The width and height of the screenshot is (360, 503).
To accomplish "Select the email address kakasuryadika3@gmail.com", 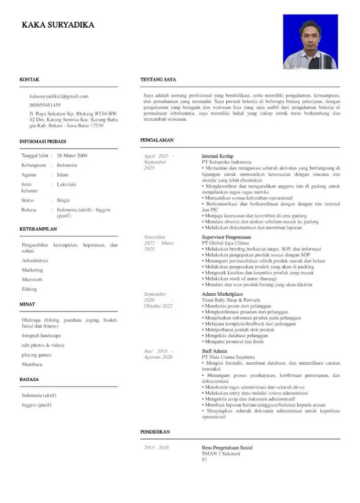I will pyautogui.click(x=59, y=96).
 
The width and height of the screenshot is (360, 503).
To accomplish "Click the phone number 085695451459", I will pyautogui.click(x=45, y=105).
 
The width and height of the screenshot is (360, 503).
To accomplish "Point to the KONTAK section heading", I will pyautogui.click(x=29, y=79).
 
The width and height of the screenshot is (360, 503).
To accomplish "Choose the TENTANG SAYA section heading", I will pyautogui.click(x=157, y=79).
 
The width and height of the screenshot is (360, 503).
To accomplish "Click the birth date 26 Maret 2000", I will pyautogui.click(x=72, y=155).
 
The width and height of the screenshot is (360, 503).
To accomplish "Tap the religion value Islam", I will pyautogui.click(x=63, y=175).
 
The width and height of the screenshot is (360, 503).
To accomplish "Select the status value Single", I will pyautogui.click(x=64, y=200).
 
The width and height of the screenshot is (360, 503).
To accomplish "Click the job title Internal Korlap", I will pyautogui.click(x=218, y=156).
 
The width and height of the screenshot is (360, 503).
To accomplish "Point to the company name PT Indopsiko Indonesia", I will pyautogui.click(x=226, y=162).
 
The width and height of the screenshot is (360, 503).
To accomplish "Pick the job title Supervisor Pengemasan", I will pyautogui.click(x=226, y=236).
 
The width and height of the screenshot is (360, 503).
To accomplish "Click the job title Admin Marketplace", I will pyautogui.click(x=222, y=294).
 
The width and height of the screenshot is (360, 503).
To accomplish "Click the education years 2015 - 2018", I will pyautogui.click(x=156, y=448).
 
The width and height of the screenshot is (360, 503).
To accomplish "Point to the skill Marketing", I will pyautogui.click(x=32, y=270).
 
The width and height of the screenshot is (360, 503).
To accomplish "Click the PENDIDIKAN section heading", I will pyautogui.click(x=155, y=432).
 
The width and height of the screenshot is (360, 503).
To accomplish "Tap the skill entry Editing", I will pyautogui.click(x=29, y=289).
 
